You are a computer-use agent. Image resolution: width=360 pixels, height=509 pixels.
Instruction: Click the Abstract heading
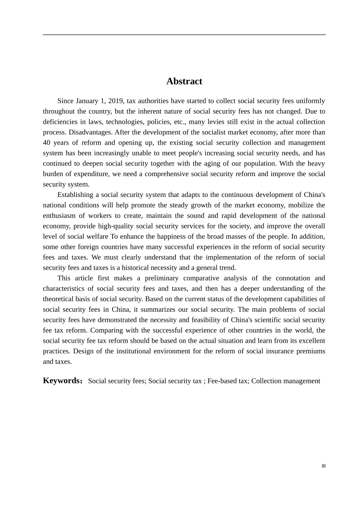tap(184, 81)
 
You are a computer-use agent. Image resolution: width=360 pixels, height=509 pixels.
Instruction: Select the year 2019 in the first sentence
tap(116, 101)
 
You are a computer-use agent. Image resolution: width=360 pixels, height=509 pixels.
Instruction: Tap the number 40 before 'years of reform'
tap(47, 143)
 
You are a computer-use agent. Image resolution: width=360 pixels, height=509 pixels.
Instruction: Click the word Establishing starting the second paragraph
tap(75, 195)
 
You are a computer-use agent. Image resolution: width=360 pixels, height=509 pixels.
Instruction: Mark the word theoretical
tap(60, 299)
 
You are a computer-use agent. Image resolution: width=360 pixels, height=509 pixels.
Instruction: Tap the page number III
tap(324, 466)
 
